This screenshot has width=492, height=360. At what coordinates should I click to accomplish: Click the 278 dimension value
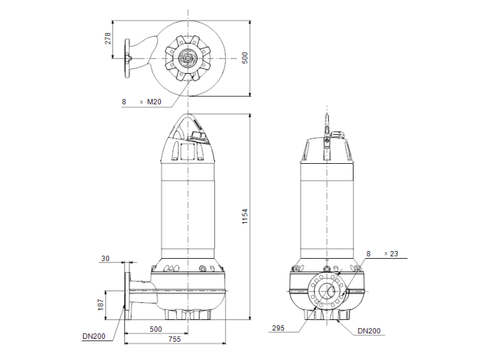[x=108, y=38]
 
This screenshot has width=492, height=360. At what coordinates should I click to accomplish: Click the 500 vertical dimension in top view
[x=244, y=58]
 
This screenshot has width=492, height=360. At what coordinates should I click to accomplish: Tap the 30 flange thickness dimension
[x=105, y=259]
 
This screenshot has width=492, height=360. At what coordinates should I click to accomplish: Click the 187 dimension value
[x=101, y=304]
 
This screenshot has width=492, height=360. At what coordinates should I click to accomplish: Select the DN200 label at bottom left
[x=93, y=336]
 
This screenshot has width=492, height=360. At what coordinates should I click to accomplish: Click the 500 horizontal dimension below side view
[x=156, y=329]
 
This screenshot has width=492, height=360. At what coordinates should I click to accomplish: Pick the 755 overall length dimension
[x=175, y=340]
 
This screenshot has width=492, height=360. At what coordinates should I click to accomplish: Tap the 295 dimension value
[x=279, y=328]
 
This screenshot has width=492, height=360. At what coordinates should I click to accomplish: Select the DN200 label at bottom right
[x=368, y=331]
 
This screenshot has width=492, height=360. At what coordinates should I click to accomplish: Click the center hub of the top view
[x=188, y=58]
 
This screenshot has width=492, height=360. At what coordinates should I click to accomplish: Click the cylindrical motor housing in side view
[x=188, y=207]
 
